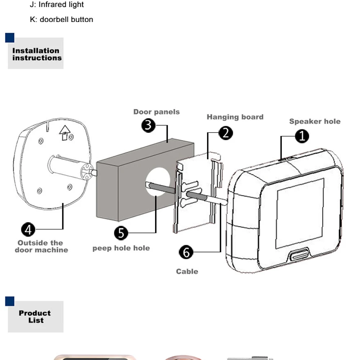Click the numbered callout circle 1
tap(302, 136)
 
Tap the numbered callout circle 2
tap(226, 133)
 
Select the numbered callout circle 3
tap(148, 125)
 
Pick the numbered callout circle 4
tap(28, 229)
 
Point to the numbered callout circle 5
tap(121, 233)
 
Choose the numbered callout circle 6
tap(186, 252)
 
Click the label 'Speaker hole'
tap(315, 121)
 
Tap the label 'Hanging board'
tap(235, 117)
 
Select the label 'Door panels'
tap(157, 112)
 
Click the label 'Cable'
tap(187, 271)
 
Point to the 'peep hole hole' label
tap(121, 248)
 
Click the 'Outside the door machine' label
tap(41, 246)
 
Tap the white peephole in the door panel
tap(158, 181)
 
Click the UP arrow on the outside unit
tap(64, 132)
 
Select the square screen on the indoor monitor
tap(300, 213)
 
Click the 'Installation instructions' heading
tap(37, 54)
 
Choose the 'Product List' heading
tap(35, 316)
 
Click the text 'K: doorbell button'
tap(62, 19)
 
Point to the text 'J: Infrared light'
tap(57, 4)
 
